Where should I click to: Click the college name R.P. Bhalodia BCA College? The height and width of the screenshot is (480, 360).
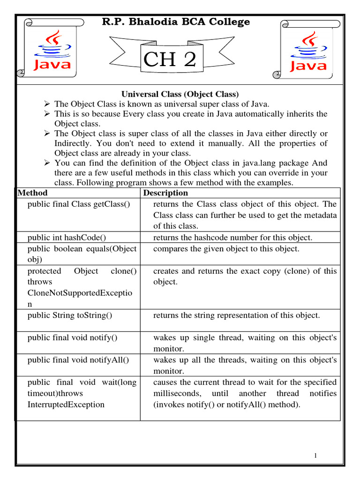click(176, 22)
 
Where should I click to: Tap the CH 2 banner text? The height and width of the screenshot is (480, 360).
click(169, 60)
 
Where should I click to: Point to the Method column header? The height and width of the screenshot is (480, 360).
click(32, 193)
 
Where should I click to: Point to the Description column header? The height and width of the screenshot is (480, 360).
click(165, 193)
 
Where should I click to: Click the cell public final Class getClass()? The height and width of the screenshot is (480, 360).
click(78, 204)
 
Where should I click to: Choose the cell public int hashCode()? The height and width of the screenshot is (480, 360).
click(69, 238)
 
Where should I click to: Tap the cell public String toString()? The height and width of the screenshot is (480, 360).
click(70, 315)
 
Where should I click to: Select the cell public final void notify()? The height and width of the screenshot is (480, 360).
click(72, 337)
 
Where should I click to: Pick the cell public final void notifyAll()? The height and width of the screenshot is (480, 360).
click(78, 360)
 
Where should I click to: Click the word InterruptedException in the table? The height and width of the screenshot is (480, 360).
click(66, 405)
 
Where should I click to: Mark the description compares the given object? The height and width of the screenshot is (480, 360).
click(226, 249)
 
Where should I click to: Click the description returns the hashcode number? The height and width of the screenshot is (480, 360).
click(232, 238)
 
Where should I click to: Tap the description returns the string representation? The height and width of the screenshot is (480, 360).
click(236, 315)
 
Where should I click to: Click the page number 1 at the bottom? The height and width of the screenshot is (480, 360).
click(316, 456)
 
